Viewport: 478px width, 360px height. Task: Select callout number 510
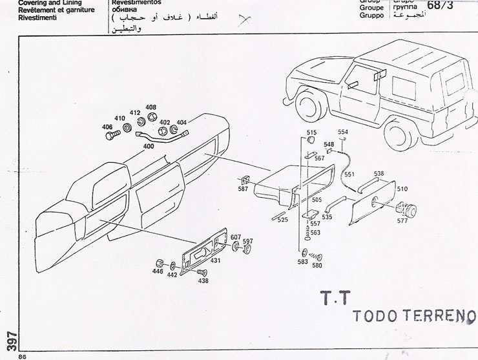(x=402, y=189)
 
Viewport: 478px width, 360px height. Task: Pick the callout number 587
(x=244, y=190)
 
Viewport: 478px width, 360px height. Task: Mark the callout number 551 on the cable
(x=349, y=175)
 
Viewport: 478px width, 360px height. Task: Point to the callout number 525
(x=282, y=220)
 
